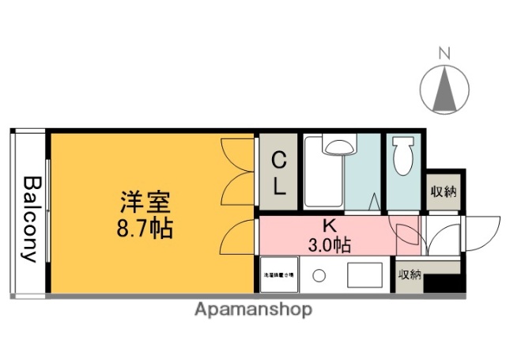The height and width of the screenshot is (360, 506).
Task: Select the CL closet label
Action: point(279,175)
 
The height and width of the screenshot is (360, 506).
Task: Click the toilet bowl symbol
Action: point(403,157)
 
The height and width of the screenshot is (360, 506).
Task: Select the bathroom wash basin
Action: point(339,146)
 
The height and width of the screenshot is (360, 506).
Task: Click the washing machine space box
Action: point(278,275)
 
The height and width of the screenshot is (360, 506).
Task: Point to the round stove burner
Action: point(319,276)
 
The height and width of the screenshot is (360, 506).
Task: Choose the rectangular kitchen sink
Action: point(362,276)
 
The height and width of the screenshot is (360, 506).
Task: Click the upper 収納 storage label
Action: point(443,192)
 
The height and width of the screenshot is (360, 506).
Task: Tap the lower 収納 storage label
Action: point(410,275)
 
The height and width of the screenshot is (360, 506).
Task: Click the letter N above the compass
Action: point(444,54)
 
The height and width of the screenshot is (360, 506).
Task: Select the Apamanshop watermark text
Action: point(253,309)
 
